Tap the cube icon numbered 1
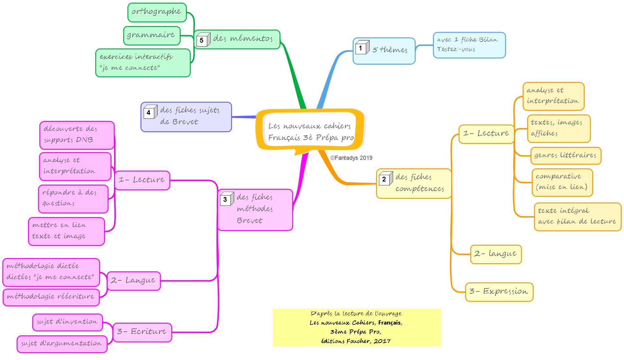(362, 48)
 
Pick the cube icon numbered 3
(226, 199)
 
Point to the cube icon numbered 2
(385, 178)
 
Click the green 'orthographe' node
(157, 12)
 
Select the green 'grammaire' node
(151, 35)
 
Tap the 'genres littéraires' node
(565, 155)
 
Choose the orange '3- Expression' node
(499, 292)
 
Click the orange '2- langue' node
(496, 254)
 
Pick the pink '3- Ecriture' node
(142, 332)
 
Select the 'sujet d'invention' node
(67, 322)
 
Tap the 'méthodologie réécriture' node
(51, 297)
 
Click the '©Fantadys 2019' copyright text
(351, 158)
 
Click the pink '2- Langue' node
(133, 281)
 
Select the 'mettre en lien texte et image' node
(66, 231)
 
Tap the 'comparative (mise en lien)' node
(562, 182)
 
